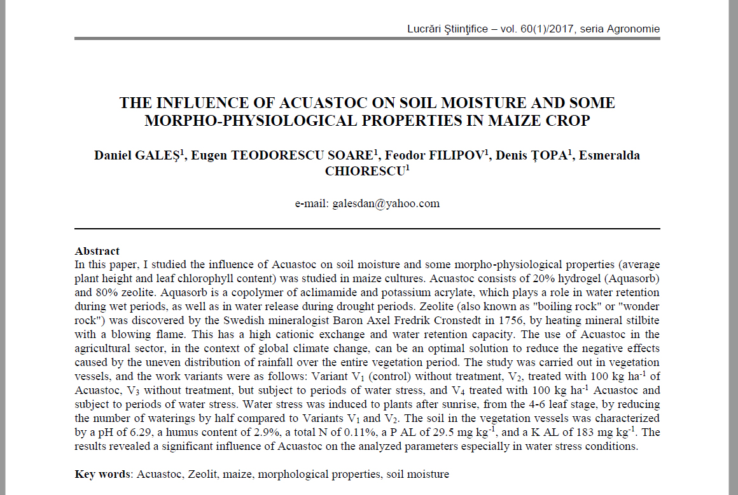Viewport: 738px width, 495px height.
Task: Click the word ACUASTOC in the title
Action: [305, 103]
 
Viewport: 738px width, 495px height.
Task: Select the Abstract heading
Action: [97, 251]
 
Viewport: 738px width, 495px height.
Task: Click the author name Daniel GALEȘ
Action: [137, 156]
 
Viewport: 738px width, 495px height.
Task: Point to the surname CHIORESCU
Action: [365, 172]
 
